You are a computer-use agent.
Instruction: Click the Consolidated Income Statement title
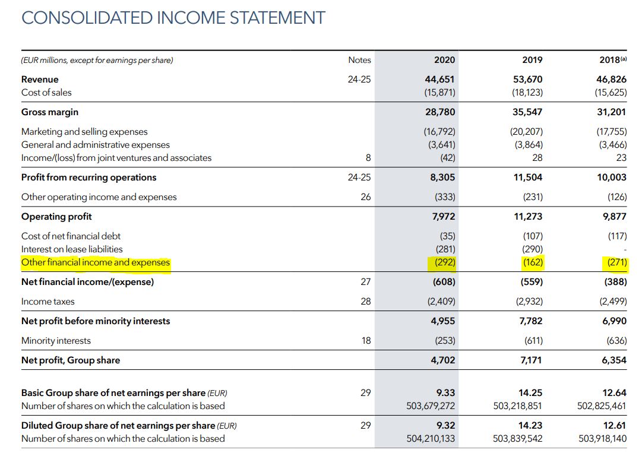tap(173, 17)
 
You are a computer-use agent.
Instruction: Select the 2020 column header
tap(444, 60)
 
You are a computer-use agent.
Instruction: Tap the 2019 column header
tap(532, 60)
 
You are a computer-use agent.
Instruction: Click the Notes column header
tap(359, 60)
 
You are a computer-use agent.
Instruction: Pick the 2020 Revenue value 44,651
tap(441, 79)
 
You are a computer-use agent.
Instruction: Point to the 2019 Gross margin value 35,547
tap(527, 112)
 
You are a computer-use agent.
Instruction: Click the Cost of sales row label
tap(46, 92)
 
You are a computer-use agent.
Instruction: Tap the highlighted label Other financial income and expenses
tap(96, 262)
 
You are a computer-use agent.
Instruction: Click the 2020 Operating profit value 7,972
tap(443, 217)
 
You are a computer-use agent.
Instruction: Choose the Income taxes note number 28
tap(365, 302)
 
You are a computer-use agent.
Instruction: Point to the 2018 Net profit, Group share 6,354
tap(613, 360)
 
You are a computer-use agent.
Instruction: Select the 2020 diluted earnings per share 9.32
tap(445, 426)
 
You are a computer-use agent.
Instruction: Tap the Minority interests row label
tap(56, 341)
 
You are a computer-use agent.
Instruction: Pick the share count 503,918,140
tap(602, 439)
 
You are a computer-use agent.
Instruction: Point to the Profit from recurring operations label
tap(88, 178)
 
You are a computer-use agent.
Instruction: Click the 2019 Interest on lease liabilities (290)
tap(532, 249)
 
